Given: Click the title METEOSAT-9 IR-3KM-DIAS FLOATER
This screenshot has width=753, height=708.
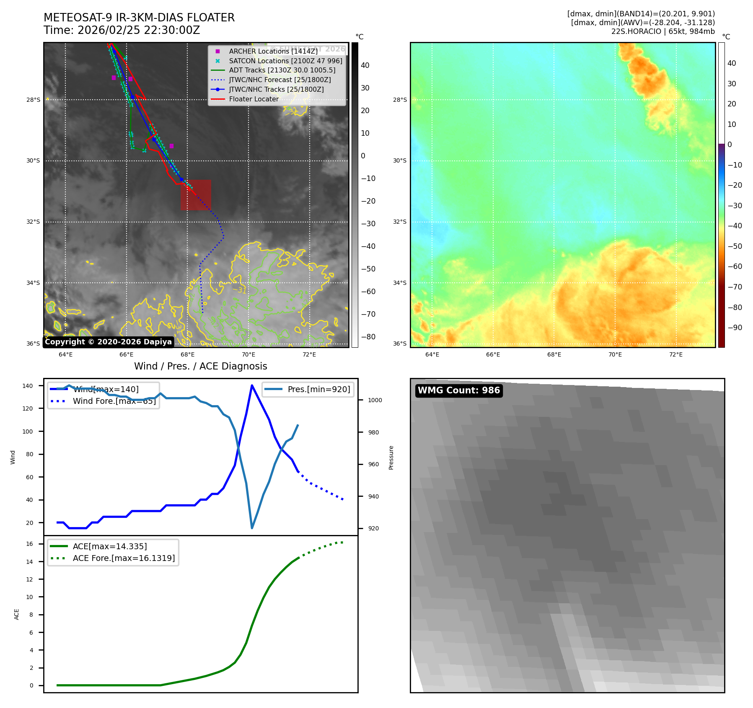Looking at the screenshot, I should point(139,18).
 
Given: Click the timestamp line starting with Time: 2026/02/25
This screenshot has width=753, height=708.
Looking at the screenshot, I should point(122,31).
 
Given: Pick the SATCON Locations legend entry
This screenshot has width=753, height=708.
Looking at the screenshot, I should point(285,61).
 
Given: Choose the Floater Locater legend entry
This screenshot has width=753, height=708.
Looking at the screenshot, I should point(254,99).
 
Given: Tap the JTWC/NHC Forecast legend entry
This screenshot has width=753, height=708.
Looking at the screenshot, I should point(279,80).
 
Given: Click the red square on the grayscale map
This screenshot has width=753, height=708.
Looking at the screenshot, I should point(196,195).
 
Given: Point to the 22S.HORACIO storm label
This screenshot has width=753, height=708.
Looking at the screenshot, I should point(663,31).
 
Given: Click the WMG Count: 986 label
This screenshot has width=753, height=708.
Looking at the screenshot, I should point(459,390).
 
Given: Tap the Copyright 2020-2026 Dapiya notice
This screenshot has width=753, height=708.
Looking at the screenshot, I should point(108,342).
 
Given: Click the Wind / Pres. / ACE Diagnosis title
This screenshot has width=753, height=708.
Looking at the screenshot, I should point(200,366).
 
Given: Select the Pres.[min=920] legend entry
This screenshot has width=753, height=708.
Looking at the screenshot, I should point(318,389).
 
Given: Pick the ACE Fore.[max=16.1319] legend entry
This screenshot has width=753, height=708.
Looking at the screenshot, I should point(124,558).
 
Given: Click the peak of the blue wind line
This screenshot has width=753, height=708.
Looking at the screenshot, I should point(252,385).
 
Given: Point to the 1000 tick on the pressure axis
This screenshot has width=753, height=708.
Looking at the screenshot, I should point(375,400).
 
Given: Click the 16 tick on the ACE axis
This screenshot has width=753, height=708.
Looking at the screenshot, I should point(30,544).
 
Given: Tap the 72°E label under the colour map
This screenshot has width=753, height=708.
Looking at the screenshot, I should point(675,354).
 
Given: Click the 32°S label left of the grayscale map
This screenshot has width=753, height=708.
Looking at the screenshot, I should point(34,222).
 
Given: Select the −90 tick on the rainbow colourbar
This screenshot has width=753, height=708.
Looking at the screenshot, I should point(735,328).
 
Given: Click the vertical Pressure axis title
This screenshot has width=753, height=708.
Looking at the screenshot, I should point(391,457).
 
